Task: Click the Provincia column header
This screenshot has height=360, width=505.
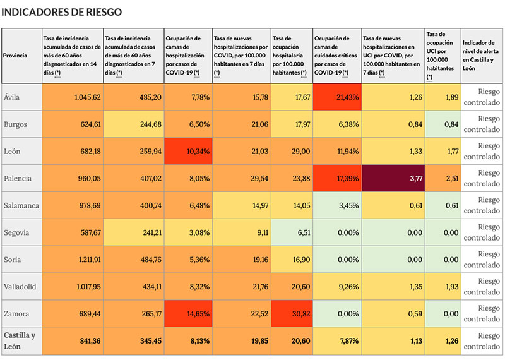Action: (x=15, y=56)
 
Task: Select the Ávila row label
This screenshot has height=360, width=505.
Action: (x=11, y=97)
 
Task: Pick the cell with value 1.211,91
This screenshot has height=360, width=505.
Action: (x=86, y=260)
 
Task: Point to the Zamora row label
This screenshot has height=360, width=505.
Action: (x=16, y=313)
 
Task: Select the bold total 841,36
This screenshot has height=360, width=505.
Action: (x=86, y=340)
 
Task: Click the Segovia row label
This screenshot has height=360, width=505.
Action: (x=16, y=232)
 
